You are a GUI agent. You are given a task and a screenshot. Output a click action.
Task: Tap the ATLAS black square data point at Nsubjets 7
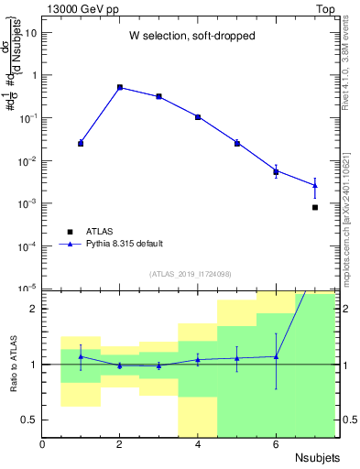point(315,207)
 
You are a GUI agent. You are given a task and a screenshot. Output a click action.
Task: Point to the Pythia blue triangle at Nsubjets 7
point(315,185)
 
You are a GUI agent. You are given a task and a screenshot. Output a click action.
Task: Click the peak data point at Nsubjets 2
point(120,87)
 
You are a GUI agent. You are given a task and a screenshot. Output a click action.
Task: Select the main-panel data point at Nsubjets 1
point(81,143)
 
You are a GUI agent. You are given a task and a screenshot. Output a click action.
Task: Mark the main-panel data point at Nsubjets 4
point(198,117)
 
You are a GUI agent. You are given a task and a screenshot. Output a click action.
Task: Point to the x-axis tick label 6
point(276,445)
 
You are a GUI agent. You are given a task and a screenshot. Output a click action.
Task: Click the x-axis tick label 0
point(42,445)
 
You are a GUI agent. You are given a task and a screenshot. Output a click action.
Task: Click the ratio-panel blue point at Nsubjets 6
point(276,356)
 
